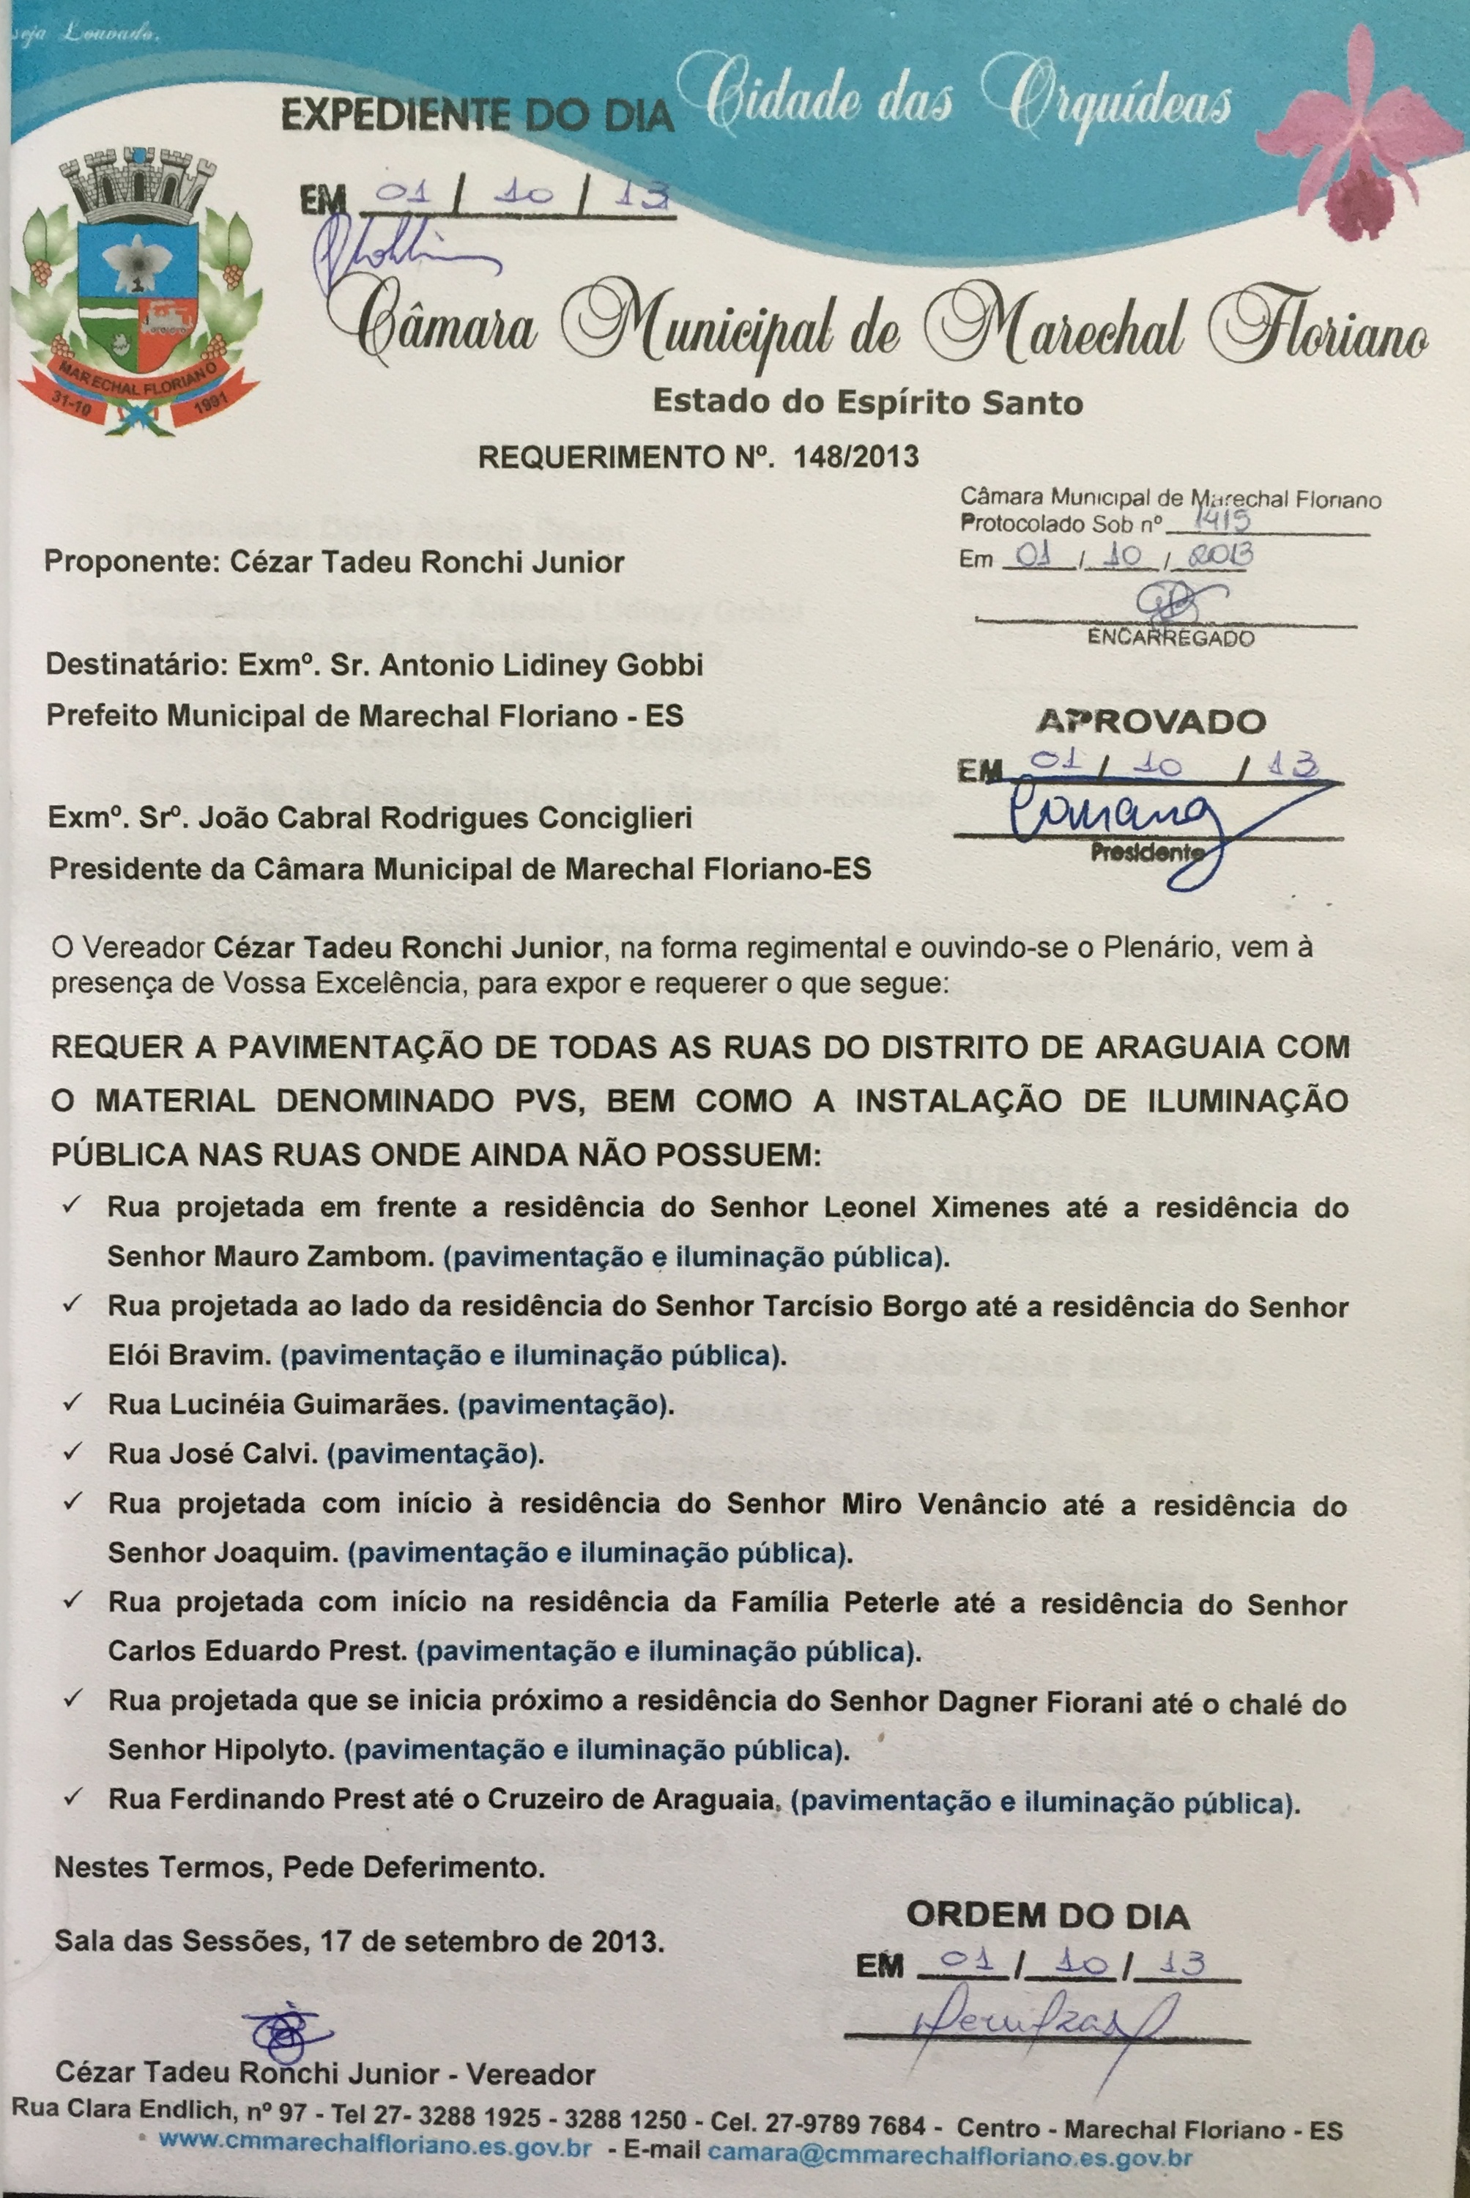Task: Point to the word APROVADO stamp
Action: coord(1151,721)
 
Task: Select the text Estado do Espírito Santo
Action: coord(867,402)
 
